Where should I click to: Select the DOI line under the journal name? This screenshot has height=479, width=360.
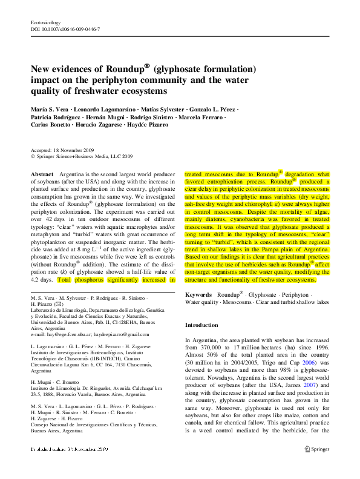tap(65, 28)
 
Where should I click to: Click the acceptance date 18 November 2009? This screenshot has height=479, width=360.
tap(71, 149)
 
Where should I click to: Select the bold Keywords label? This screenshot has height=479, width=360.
tap(199, 294)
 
